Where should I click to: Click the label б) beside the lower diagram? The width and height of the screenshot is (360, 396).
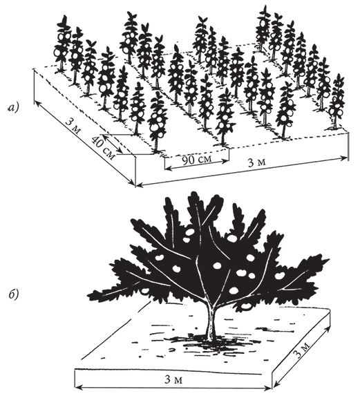13,294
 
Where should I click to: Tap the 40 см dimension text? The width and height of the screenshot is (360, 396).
103,148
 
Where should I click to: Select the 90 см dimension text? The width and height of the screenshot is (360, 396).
197,160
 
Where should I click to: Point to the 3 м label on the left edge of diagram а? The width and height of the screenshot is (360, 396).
73,126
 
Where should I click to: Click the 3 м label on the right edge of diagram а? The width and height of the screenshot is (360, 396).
257,162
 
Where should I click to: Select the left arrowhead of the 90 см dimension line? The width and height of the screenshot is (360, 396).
167,167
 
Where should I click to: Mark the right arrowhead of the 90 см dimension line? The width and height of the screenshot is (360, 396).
226,160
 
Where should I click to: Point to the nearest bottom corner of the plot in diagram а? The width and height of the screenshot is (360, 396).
136,187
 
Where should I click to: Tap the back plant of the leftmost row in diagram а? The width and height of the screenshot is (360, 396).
62,43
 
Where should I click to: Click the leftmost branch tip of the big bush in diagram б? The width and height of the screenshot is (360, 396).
88,294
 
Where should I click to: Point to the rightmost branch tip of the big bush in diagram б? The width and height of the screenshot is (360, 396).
329,259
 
